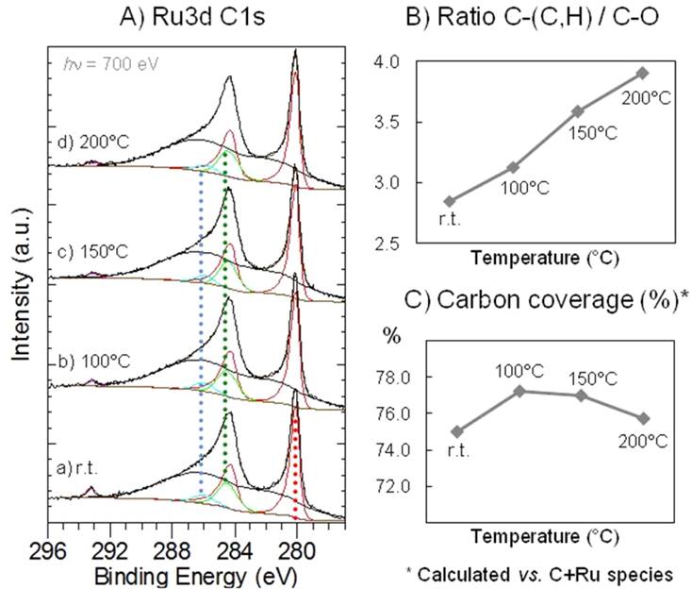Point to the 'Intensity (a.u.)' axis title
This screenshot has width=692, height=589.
(20, 283)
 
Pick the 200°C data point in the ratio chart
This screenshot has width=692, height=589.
(642, 73)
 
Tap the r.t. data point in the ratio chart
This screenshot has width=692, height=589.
(450, 201)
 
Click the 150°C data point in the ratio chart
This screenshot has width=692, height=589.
(578, 110)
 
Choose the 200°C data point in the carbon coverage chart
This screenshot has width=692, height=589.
(642, 418)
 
